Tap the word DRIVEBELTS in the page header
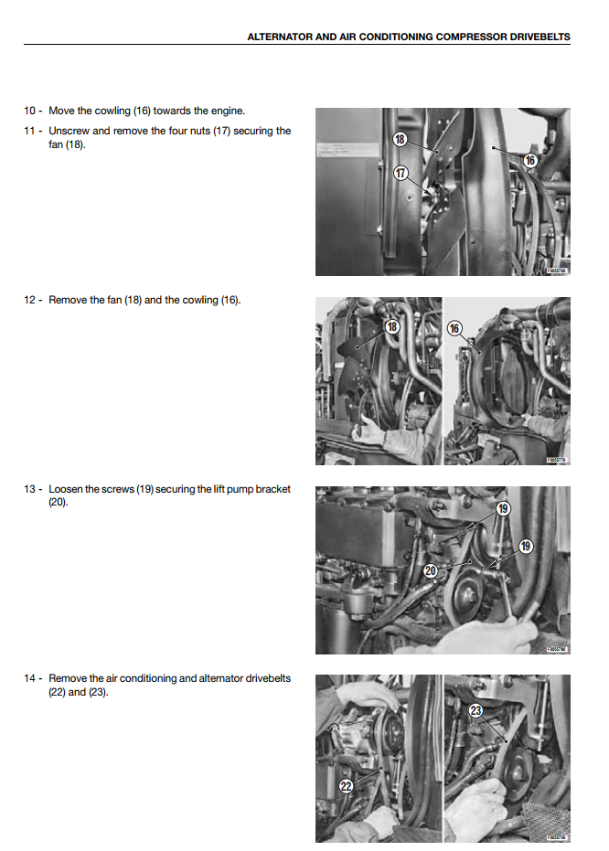[x=540, y=37]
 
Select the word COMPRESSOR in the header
[x=455, y=37]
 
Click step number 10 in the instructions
[x=30, y=111]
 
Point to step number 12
[x=30, y=300]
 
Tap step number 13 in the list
[x=30, y=489]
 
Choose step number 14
[x=30, y=678]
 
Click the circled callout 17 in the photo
[x=401, y=173]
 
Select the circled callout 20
[x=431, y=570]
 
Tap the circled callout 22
[x=347, y=785]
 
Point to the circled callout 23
[x=476, y=710]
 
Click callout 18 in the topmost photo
[x=400, y=139]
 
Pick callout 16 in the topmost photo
[x=529, y=160]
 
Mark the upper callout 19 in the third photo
[x=503, y=508]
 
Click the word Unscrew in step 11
[x=69, y=131]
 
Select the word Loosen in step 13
[x=66, y=489]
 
